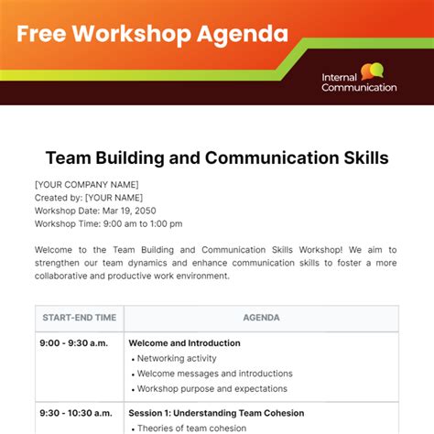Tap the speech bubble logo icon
[372, 71]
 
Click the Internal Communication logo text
[359, 82]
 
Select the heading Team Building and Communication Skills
[217, 158]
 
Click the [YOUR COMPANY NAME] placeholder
[86, 184]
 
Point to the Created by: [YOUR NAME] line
[88, 197]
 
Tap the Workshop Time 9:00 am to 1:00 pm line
[108, 223]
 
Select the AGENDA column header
[261, 318]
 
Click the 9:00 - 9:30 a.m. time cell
[73, 343]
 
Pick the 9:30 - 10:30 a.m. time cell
[77, 413]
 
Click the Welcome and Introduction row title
[184, 343]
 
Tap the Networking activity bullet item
[178, 359]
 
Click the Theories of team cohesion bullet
[193, 428]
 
